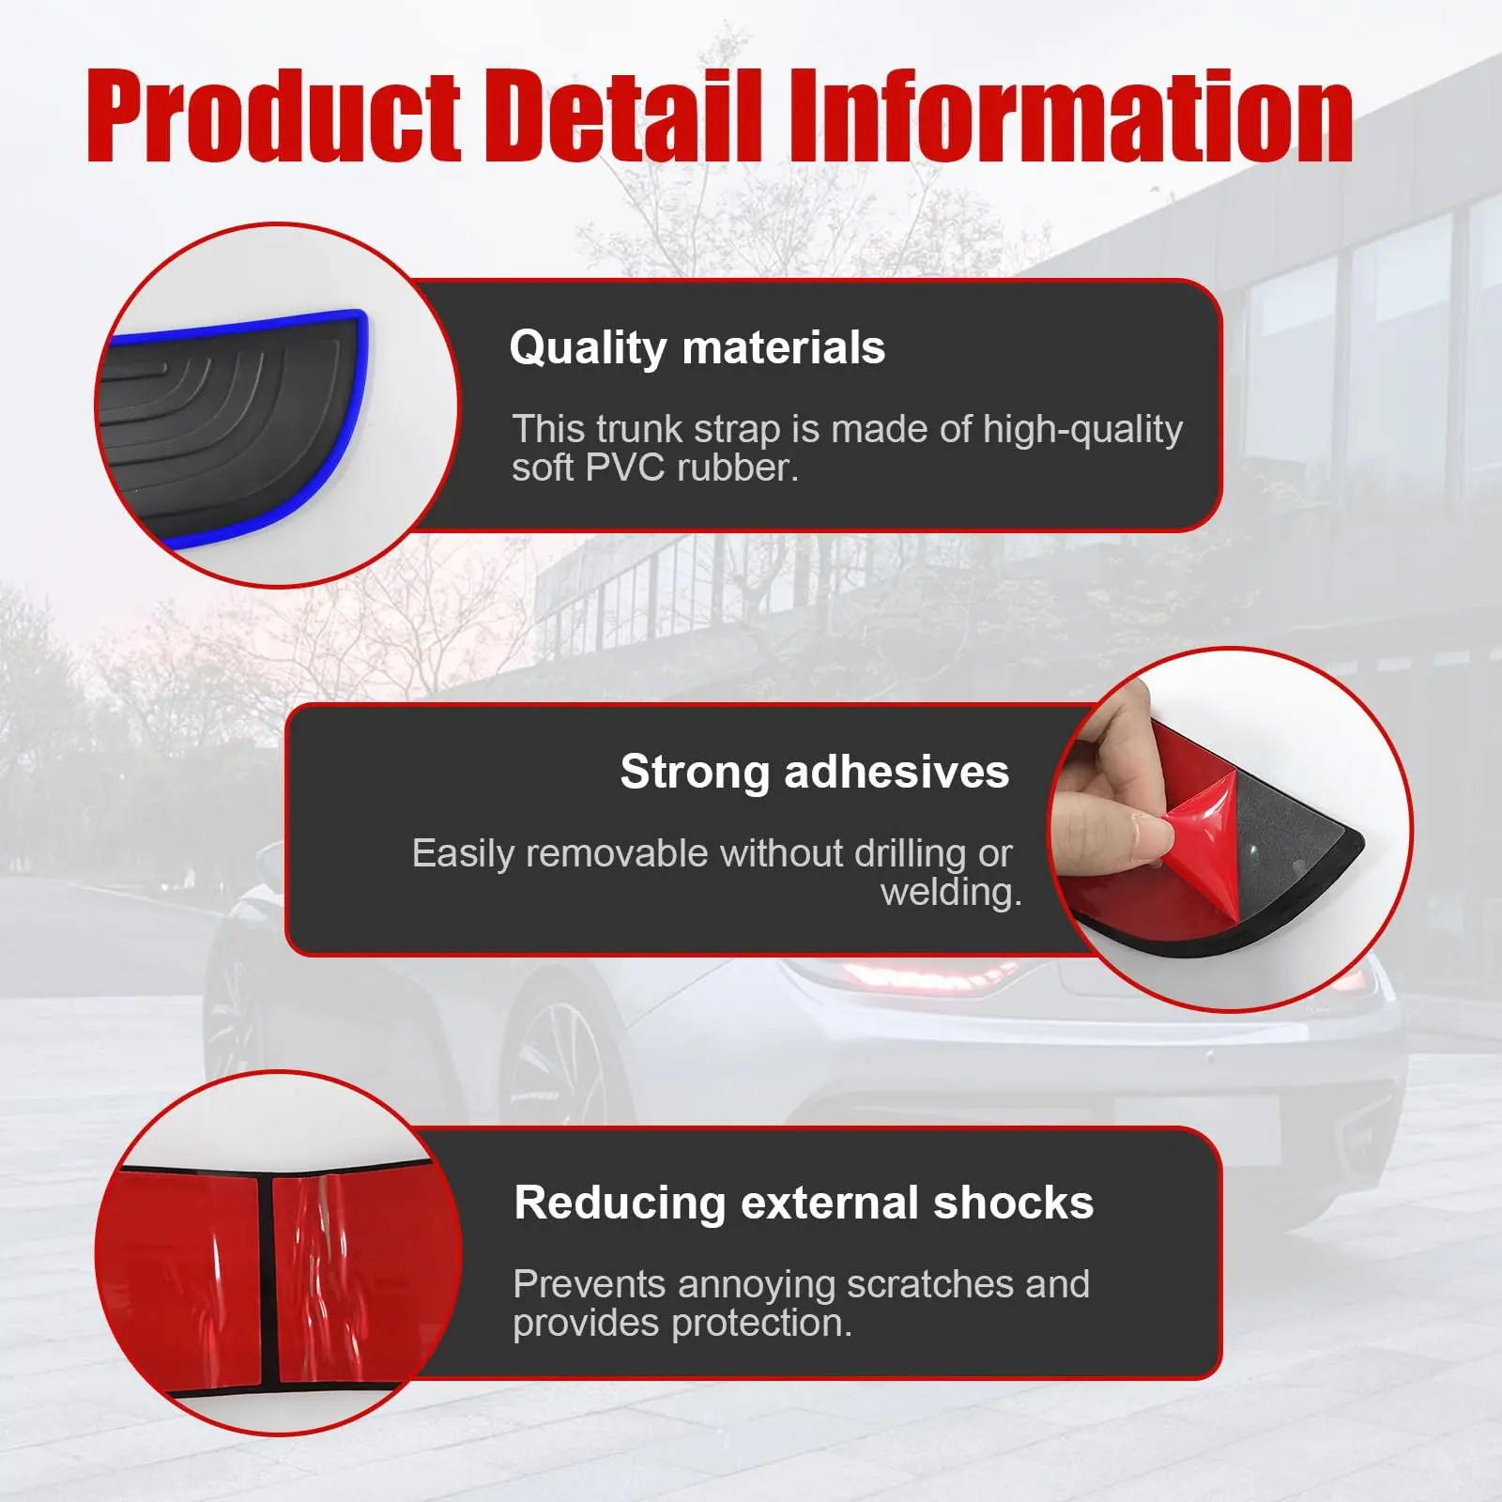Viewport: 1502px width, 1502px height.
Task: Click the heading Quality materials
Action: pos(697,348)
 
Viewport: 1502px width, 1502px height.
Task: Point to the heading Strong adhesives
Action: pos(814,773)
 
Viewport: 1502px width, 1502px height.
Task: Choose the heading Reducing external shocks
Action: pos(804,1203)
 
